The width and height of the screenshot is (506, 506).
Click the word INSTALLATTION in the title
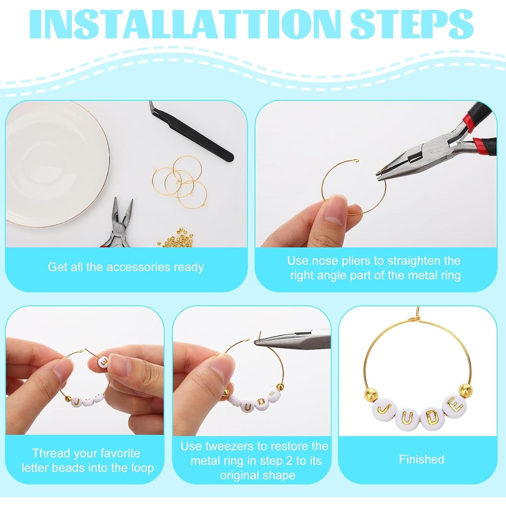pyautogui.click(x=184, y=25)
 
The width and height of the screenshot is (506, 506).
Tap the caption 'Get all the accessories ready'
pyautogui.click(x=126, y=267)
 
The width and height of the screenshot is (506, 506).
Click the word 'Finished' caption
pyautogui.click(x=421, y=459)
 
